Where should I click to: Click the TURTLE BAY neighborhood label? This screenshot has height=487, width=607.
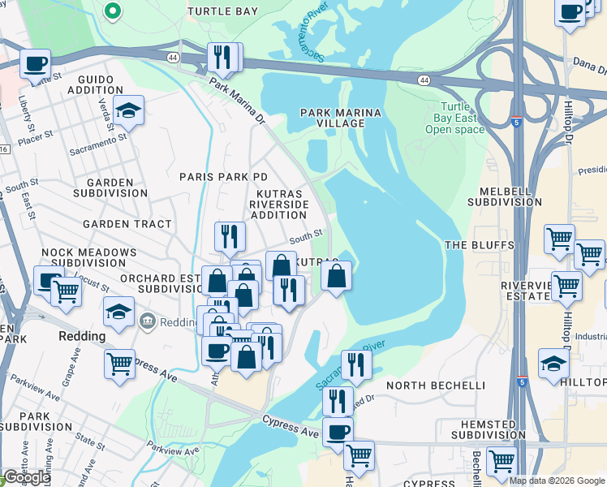click(x=222, y=11)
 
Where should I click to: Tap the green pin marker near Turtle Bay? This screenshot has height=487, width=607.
click(x=114, y=11)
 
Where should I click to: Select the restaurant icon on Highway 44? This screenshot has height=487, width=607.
click(x=223, y=57)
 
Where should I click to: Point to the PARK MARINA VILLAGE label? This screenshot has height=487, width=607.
click(x=333, y=118)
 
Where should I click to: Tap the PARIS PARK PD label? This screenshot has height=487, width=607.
click(x=223, y=177)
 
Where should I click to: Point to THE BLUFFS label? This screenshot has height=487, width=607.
click(x=480, y=244)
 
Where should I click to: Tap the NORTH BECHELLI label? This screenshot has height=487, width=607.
click(x=435, y=385)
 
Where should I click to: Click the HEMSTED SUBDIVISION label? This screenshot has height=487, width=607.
click(x=482, y=429)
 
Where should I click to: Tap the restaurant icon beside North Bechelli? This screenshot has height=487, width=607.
click(x=355, y=364)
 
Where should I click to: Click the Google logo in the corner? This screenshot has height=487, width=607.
click(x=28, y=477)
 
